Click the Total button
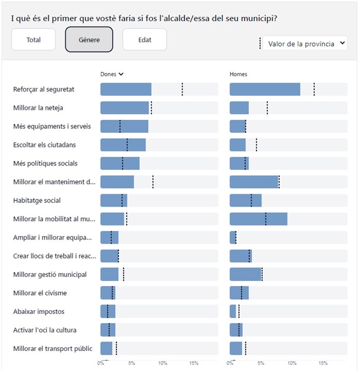point(33,40)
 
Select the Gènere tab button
point(89,40)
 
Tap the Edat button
point(145,40)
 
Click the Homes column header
point(238,74)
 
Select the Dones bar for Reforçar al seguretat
point(125,89)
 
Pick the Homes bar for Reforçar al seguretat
point(264,89)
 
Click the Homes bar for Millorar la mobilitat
point(258,219)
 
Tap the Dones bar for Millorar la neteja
point(124,108)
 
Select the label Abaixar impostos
point(39,311)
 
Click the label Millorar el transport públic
point(53,348)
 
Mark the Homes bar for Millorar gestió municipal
point(245,274)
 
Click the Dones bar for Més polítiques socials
point(120,163)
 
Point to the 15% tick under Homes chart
point(322,363)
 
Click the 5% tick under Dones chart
point(132,363)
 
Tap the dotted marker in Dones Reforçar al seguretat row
point(182,89)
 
